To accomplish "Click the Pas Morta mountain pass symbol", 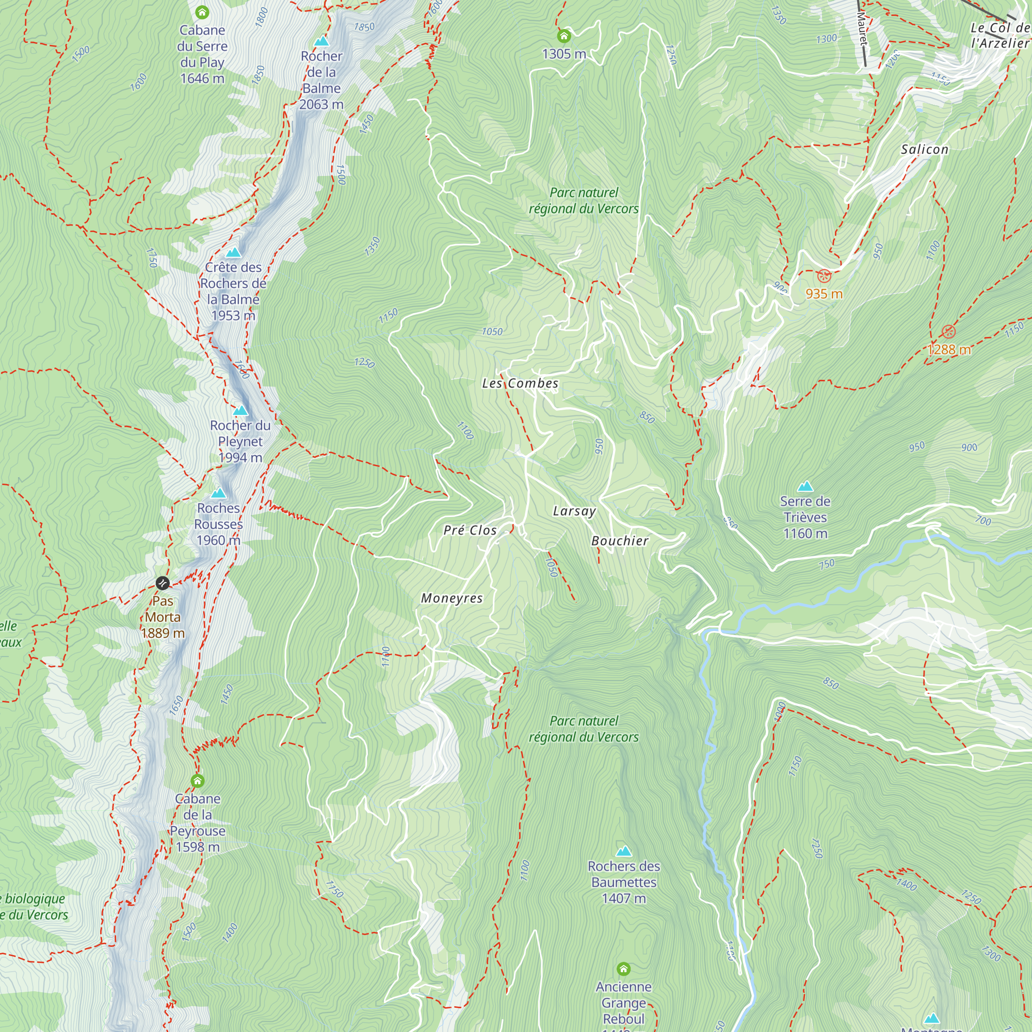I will [163, 583].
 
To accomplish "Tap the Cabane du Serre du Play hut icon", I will [202, 12].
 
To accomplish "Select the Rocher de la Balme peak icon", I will [321, 41].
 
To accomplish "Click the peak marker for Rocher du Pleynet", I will [240, 410].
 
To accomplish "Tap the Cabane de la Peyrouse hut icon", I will [198, 781].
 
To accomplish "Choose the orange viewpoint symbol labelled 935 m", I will [824, 276].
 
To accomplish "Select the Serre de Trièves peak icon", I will [805, 486].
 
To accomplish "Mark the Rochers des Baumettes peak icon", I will [623, 851].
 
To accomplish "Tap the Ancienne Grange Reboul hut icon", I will [623, 969].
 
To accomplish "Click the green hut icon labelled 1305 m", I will [563, 36].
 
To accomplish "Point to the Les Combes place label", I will [520, 383].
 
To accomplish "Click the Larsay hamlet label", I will [574, 511].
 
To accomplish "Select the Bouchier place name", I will [620, 541].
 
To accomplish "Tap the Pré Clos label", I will [470, 530].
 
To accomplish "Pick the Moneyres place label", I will [452, 598].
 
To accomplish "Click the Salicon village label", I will [925, 150].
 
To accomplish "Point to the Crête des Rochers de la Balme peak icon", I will [233, 252].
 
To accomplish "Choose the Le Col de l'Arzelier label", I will [999, 35].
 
